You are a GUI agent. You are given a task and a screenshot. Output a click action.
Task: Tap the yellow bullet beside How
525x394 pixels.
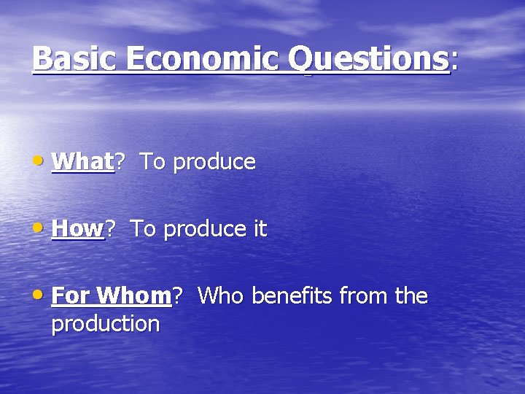pyautogui.click(x=42, y=228)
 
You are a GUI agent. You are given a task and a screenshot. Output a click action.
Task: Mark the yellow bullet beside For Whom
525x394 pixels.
pyautogui.click(x=42, y=295)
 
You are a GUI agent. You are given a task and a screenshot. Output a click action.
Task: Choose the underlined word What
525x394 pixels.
pyautogui.click(x=82, y=161)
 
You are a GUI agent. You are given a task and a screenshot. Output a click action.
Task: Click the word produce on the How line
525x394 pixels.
pyautogui.click(x=205, y=230)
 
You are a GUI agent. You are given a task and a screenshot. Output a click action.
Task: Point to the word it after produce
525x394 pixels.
pyautogui.click(x=260, y=229)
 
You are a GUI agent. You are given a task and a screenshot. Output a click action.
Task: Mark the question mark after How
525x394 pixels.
pyautogui.click(x=112, y=229)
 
